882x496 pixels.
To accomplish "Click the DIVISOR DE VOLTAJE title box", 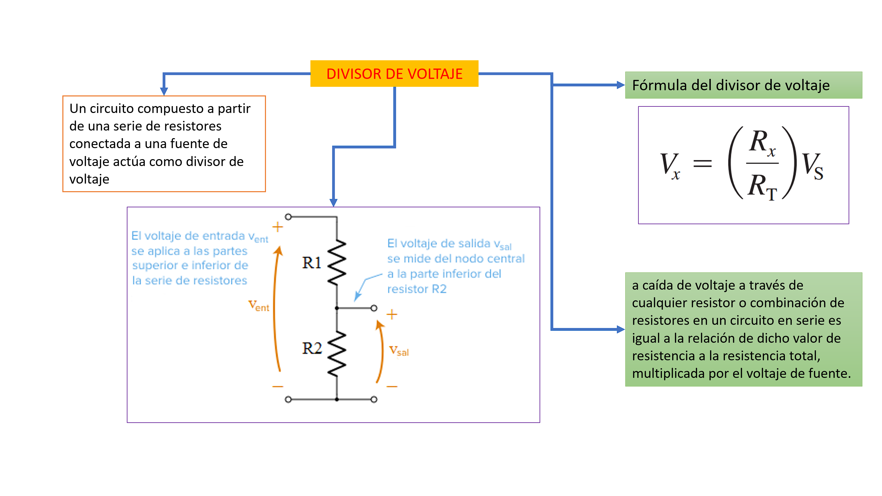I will [x=394, y=74].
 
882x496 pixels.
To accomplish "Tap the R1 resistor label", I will [x=311, y=263].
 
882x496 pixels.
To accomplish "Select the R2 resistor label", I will [x=312, y=348].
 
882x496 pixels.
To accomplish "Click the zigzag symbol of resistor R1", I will [x=337, y=262].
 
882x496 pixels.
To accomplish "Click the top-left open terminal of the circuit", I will [x=288, y=217].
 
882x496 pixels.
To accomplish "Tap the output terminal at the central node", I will [x=374, y=308].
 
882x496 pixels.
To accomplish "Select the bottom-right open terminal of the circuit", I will [x=374, y=400].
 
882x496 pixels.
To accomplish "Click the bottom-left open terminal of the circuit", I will [x=288, y=400].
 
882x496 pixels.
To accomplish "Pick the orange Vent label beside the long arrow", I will [x=258, y=306].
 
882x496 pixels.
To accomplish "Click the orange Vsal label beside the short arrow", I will [x=399, y=351].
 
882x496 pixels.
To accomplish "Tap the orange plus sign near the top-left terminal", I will [x=277, y=227].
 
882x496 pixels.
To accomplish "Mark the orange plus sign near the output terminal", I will [x=392, y=314].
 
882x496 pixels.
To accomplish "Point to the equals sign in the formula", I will [x=702, y=163].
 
